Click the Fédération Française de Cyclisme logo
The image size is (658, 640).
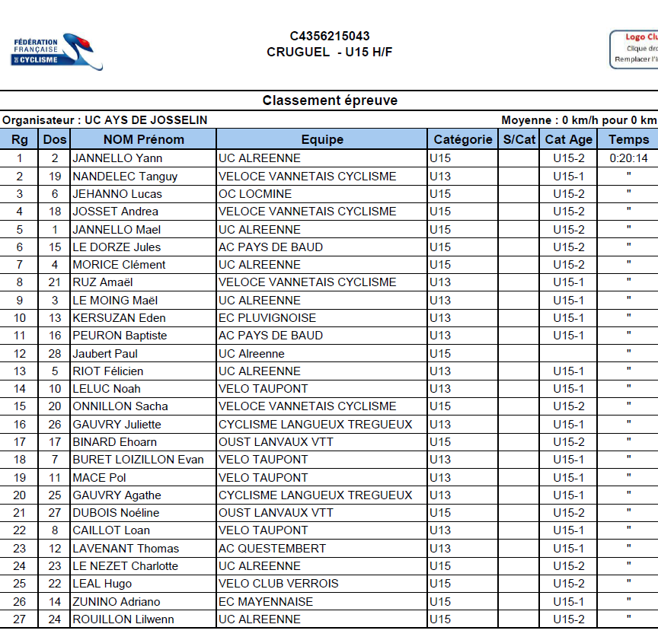pos(57,52)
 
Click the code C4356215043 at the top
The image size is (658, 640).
pos(330,36)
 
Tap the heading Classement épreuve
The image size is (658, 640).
pos(330,100)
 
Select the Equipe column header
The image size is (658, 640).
pos(322,139)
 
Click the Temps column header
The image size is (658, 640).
pos(628,139)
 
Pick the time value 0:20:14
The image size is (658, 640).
pos(628,158)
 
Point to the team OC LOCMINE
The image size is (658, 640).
pos(254,194)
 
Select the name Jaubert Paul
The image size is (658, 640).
pos(106,353)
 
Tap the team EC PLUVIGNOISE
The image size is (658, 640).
pos(267,318)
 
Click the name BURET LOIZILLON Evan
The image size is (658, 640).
pos(138,460)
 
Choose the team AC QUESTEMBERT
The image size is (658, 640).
pos(272,548)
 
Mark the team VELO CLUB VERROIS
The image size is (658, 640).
pos(278,584)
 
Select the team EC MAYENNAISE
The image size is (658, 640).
pos(265,601)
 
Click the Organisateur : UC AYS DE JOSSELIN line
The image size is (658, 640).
pos(105,120)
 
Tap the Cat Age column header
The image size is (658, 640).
pos(569,139)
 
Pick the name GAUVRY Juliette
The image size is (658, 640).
pos(117,424)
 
